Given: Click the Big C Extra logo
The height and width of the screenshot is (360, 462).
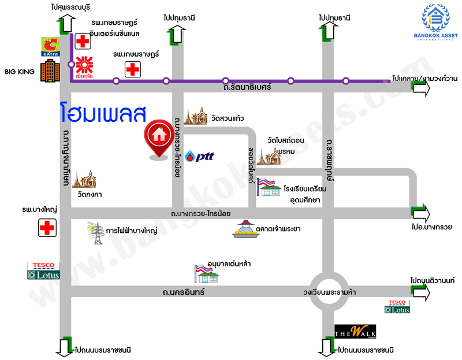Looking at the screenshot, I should click(50, 47).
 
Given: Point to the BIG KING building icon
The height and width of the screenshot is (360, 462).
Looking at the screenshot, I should click(50, 72).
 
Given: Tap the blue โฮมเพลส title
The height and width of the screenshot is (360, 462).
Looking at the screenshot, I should click(102, 113).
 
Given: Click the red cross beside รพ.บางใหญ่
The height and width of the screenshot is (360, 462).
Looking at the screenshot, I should click(46, 228).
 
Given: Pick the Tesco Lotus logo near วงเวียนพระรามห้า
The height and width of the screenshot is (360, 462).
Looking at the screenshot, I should click(398, 307).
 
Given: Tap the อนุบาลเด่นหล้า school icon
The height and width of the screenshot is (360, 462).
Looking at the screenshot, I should click(208, 274).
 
